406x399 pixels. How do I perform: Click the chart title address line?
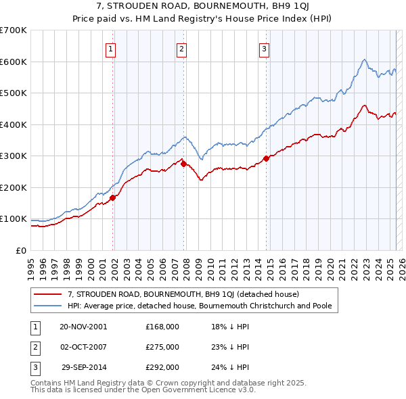coord(203,6)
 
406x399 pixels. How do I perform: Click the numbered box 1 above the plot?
coord(110,48)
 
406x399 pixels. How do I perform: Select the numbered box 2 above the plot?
coord(182,48)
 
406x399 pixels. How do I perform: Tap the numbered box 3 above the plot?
coord(264,48)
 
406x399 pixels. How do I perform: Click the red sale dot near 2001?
coord(113,197)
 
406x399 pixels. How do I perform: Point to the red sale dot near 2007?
coord(183,164)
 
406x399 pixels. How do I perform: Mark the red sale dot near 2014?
coord(266,158)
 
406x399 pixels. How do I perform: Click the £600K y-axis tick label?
coord(14,62)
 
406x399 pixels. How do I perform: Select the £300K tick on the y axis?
coord(14,156)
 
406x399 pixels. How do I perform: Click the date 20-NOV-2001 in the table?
coord(83,326)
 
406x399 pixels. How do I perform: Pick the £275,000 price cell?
coord(162,347)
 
